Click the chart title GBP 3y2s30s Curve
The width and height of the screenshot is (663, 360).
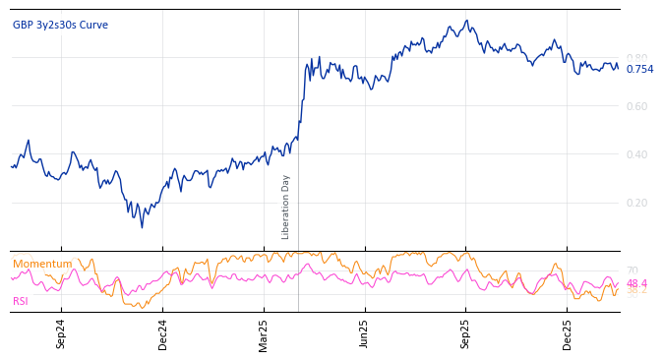(60, 25)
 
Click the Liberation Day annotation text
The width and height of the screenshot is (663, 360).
(286, 207)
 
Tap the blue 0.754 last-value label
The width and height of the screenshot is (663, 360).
(639, 69)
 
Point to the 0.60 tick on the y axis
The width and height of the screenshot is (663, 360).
(637, 106)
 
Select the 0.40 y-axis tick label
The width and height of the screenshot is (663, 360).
(637, 154)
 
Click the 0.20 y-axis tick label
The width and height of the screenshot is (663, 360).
(637, 203)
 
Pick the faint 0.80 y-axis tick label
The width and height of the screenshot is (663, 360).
(637, 58)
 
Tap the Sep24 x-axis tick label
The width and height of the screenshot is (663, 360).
(61, 333)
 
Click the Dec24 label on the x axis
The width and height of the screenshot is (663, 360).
(162, 333)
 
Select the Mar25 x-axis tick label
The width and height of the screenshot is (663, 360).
(264, 333)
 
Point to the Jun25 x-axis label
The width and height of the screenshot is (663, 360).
(365, 333)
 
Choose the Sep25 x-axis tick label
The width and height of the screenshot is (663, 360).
(466, 333)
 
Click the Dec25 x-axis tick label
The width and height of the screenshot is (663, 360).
(568, 333)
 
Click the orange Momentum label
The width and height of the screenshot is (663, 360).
(42, 264)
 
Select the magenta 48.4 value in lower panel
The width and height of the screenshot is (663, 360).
(637, 283)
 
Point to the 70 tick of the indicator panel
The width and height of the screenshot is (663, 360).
(632, 270)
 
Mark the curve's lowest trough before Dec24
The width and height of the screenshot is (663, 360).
(142, 227)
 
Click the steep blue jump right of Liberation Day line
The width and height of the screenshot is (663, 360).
(302, 98)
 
